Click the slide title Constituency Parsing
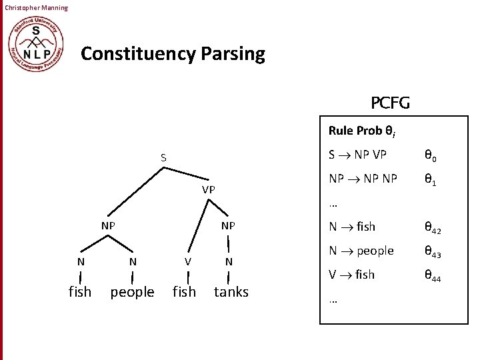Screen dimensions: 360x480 click(x=173, y=53)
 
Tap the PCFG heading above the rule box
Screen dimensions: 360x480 click(x=390, y=103)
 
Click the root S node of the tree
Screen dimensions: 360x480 click(x=163, y=158)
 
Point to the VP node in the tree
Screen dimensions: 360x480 click(x=209, y=189)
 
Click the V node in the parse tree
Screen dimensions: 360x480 click(x=188, y=262)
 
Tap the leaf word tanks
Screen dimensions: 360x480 click(x=231, y=292)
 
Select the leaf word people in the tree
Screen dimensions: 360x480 click(x=132, y=292)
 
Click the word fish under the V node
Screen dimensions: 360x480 click(x=184, y=292)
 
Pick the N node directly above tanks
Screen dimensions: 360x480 click(x=229, y=262)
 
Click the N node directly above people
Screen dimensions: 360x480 click(x=133, y=262)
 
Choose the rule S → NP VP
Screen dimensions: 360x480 click(x=357, y=155)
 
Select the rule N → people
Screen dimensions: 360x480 click(x=361, y=251)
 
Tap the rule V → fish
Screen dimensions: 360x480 click(x=352, y=275)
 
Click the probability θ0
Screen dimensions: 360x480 click(x=430, y=157)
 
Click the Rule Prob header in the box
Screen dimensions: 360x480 click(x=363, y=131)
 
